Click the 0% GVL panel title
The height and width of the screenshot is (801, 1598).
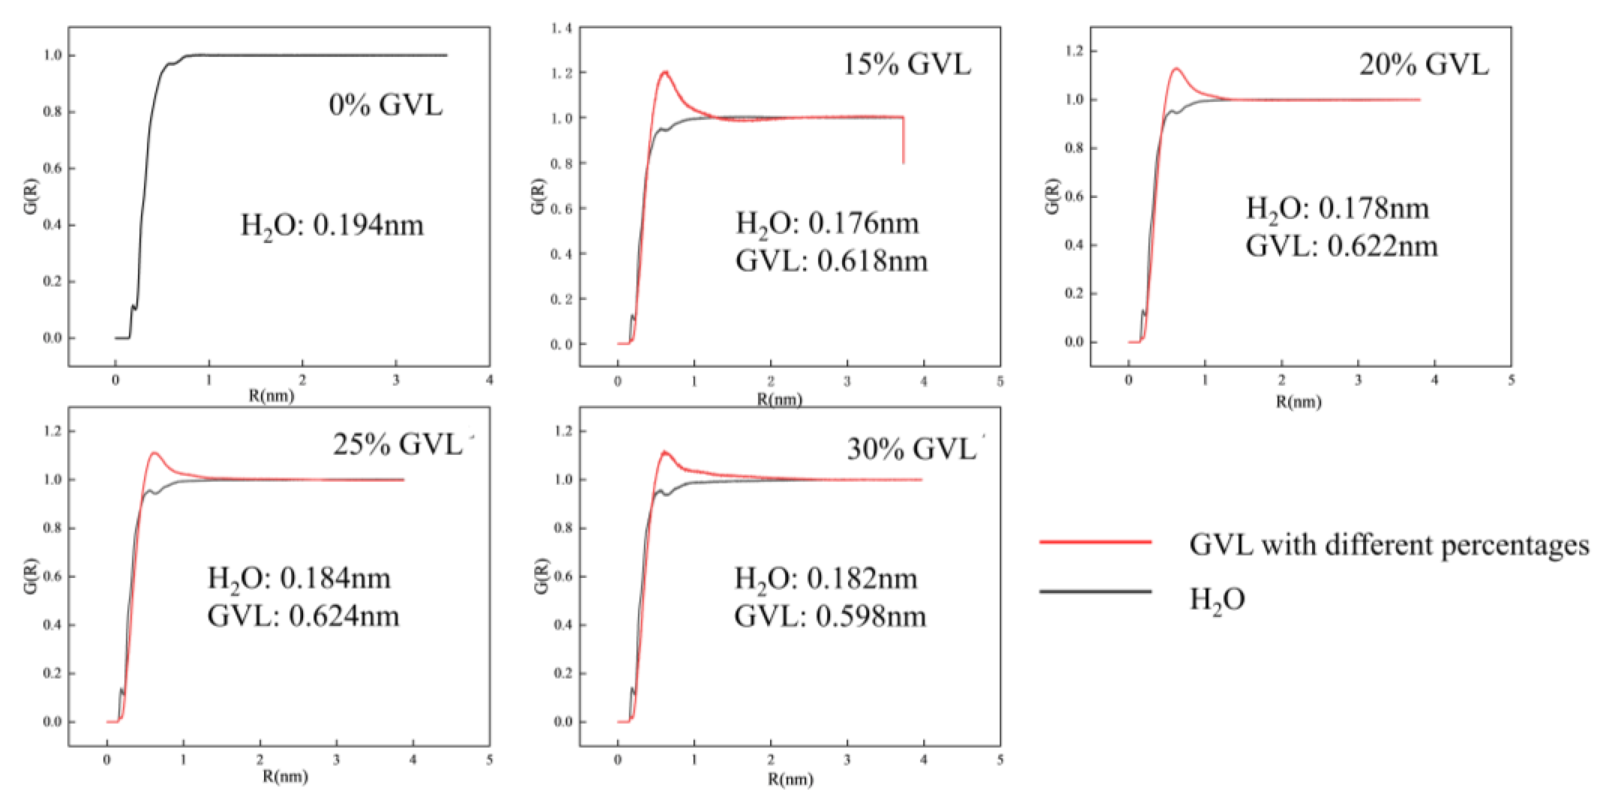coord(386,105)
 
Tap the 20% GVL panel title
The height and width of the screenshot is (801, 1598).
coord(1423,64)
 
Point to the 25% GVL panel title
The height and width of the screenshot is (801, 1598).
coord(397,444)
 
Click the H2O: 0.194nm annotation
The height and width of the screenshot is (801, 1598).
coord(332,225)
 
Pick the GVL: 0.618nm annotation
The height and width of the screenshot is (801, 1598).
coord(831,261)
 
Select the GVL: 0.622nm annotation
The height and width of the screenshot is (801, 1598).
coord(1341,246)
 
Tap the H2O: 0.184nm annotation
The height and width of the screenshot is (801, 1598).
coord(299,578)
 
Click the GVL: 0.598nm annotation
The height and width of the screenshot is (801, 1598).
coord(830,616)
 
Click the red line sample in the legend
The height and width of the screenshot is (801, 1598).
coord(1095,541)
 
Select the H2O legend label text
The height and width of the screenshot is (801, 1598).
coord(1216,600)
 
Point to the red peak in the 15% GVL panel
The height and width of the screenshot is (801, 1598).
coord(665,72)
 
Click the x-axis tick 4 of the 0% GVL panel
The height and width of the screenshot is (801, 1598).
coord(489,379)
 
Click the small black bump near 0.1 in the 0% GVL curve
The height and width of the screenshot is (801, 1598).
coord(133,306)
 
